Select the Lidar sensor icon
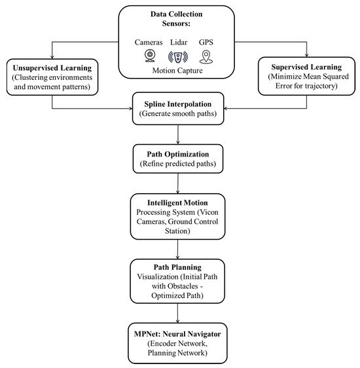(179, 56)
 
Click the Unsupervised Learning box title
(50, 67)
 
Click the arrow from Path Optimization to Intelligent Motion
(179, 184)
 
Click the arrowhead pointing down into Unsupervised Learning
(50, 57)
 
